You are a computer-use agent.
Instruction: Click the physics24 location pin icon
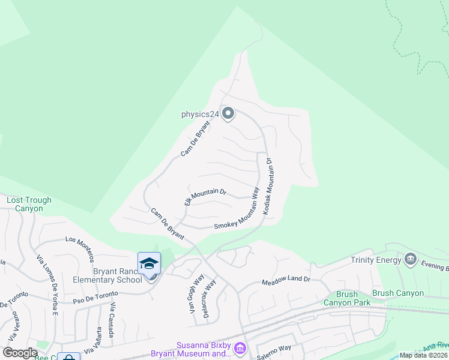(228, 113)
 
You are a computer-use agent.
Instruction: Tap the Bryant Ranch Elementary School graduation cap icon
(149, 263)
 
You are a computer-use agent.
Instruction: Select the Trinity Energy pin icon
(411, 259)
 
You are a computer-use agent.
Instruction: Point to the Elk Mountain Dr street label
(205, 197)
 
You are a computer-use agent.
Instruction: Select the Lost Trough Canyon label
(29, 204)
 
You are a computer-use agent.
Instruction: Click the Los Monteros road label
(80, 248)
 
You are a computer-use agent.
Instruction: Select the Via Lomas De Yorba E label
(47, 284)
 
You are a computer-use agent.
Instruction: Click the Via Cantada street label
(111, 321)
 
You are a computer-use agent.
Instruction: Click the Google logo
(20, 353)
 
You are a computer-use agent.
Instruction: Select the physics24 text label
(200, 113)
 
